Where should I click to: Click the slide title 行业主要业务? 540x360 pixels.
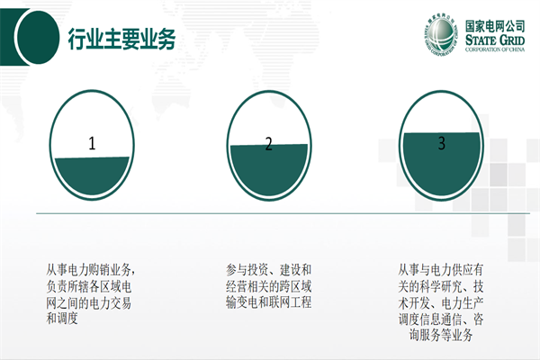tap(121, 39)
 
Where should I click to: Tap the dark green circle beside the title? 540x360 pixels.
tap(37, 37)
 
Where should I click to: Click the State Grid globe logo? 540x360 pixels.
tap(441, 35)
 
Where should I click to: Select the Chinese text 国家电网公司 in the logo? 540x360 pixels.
tap(495, 26)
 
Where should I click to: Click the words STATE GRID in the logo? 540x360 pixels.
tap(495, 40)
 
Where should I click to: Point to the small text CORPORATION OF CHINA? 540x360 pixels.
tap(495, 49)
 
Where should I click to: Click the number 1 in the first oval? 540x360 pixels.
tap(92, 143)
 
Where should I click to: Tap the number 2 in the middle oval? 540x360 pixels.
tap(268, 144)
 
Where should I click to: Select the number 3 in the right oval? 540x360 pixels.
tap(442, 142)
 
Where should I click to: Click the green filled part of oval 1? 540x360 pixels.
tap(92, 175)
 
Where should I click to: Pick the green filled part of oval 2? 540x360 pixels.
tap(269, 169)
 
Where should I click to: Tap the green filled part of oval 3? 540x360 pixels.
tap(442, 164)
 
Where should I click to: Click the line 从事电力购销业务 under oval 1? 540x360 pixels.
tap(89, 269)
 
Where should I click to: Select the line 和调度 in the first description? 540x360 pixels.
tap(62, 318)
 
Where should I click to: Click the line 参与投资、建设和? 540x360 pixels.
tap(268, 270)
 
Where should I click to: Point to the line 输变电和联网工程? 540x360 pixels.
tap(268, 302)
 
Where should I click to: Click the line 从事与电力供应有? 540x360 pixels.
tap(441, 270)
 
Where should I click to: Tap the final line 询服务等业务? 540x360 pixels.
tap(441, 335)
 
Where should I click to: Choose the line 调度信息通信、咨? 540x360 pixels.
tap(441, 319)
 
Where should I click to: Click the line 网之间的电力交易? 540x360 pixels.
tap(89, 302)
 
